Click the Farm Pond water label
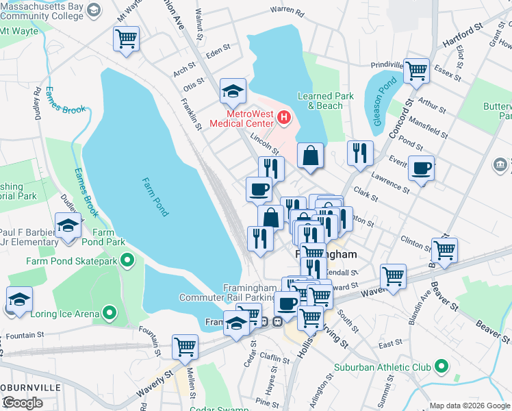(155, 197)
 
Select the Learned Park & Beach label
(325, 101)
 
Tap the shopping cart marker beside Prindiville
(416, 71)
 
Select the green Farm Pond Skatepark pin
(127, 260)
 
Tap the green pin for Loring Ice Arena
(108, 314)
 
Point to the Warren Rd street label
(287, 11)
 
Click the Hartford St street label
(463, 34)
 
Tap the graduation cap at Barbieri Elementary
(68, 225)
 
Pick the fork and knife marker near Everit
(360, 153)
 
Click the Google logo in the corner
(23, 403)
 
